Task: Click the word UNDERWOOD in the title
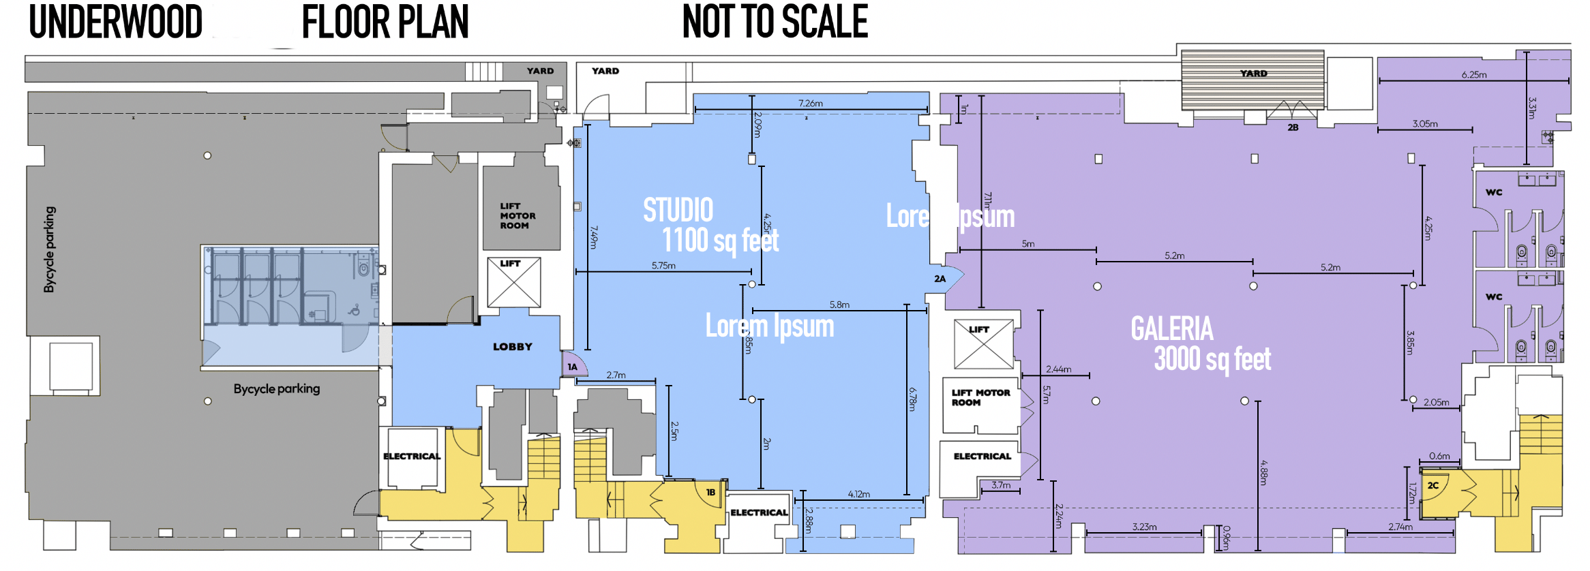(x=116, y=22)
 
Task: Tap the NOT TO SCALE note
(x=775, y=22)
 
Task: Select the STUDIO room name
(x=678, y=210)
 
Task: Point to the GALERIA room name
(x=1172, y=329)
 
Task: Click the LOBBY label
(x=512, y=347)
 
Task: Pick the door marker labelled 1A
(x=573, y=367)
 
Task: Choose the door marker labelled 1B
(x=710, y=492)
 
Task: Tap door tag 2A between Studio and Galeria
(x=940, y=279)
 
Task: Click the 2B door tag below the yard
(x=1293, y=127)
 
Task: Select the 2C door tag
(x=1433, y=486)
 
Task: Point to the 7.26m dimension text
(x=811, y=104)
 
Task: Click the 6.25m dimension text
(x=1474, y=75)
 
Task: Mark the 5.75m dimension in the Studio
(x=663, y=266)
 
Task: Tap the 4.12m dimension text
(x=859, y=494)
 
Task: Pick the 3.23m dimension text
(x=1144, y=527)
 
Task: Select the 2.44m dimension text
(x=1058, y=369)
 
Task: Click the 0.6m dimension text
(x=1439, y=457)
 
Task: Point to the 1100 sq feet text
(x=720, y=241)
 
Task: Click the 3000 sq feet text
(x=1212, y=359)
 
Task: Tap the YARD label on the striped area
(x=1253, y=74)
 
